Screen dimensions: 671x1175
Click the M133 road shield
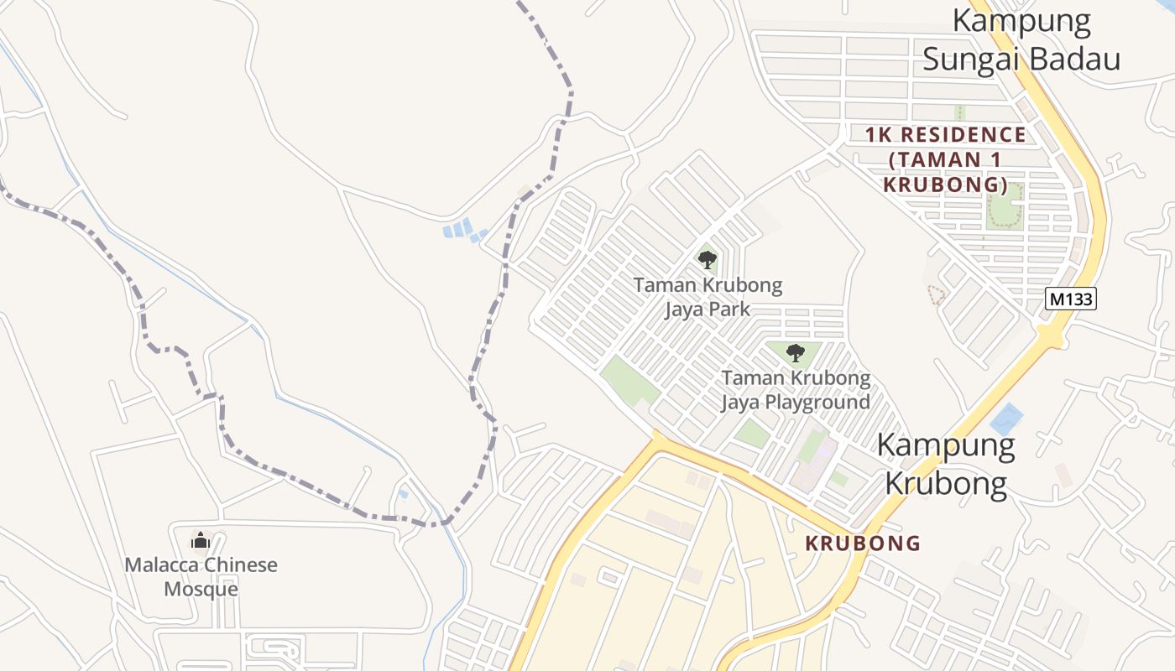[x=1072, y=298]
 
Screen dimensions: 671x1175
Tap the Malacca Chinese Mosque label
[x=201, y=576]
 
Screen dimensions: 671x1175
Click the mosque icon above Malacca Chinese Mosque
[x=200, y=541]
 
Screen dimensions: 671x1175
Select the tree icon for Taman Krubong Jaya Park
[x=708, y=260]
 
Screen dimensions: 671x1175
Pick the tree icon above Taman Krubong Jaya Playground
[x=795, y=353]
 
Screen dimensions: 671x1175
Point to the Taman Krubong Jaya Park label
[x=708, y=297]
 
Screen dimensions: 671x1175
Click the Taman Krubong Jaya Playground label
[x=796, y=390]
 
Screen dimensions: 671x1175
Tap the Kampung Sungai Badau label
[x=1021, y=39]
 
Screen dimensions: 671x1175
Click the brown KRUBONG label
[x=863, y=543]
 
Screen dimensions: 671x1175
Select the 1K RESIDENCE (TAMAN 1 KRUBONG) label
[x=946, y=159]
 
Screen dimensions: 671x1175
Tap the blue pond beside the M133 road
[x=1006, y=419]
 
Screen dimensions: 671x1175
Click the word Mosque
[x=201, y=589]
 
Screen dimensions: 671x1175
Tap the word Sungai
[x=971, y=60]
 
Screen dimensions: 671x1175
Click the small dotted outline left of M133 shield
[x=936, y=294]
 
